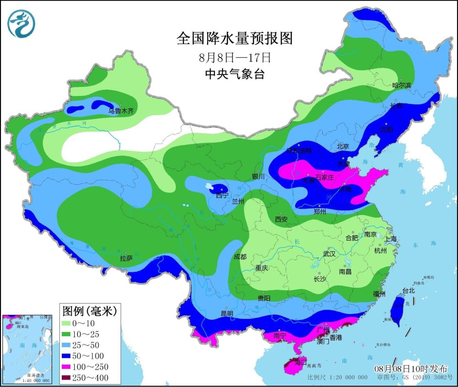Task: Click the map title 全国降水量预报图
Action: click(x=234, y=38)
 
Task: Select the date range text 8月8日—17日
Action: click(x=235, y=58)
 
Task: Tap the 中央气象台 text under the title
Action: click(x=235, y=74)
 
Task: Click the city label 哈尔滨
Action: click(x=402, y=85)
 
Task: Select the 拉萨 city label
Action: click(x=126, y=258)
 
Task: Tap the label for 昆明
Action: click(x=227, y=314)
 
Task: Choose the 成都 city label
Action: click(x=240, y=257)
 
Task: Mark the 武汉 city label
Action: click(x=329, y=253)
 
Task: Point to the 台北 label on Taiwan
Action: click(x=408, y=290)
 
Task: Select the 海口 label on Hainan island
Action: click(x=301, y=362)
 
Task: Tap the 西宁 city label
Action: click(x=222, y=195)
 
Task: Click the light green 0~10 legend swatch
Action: click(x=69, y=323)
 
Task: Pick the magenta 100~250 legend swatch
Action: click(x=69, y=367)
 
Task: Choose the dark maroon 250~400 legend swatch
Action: click(x=69, y=378)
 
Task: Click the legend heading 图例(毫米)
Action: click(x=89, y=311)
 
